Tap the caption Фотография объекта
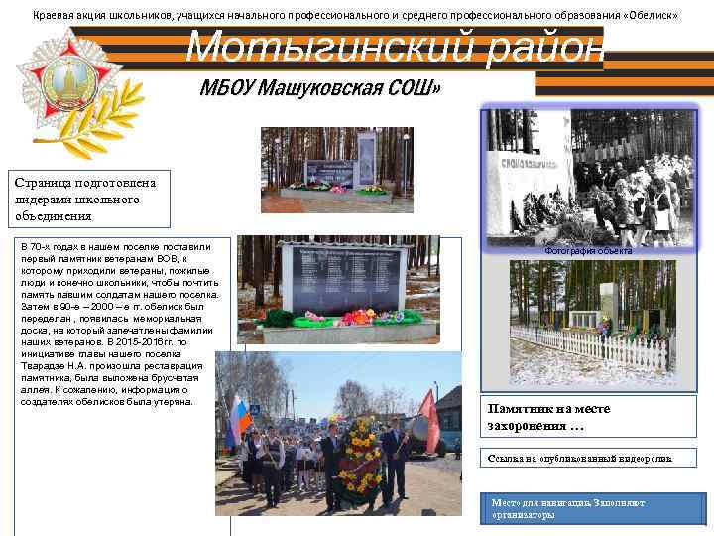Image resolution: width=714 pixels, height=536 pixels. point(588,252)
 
